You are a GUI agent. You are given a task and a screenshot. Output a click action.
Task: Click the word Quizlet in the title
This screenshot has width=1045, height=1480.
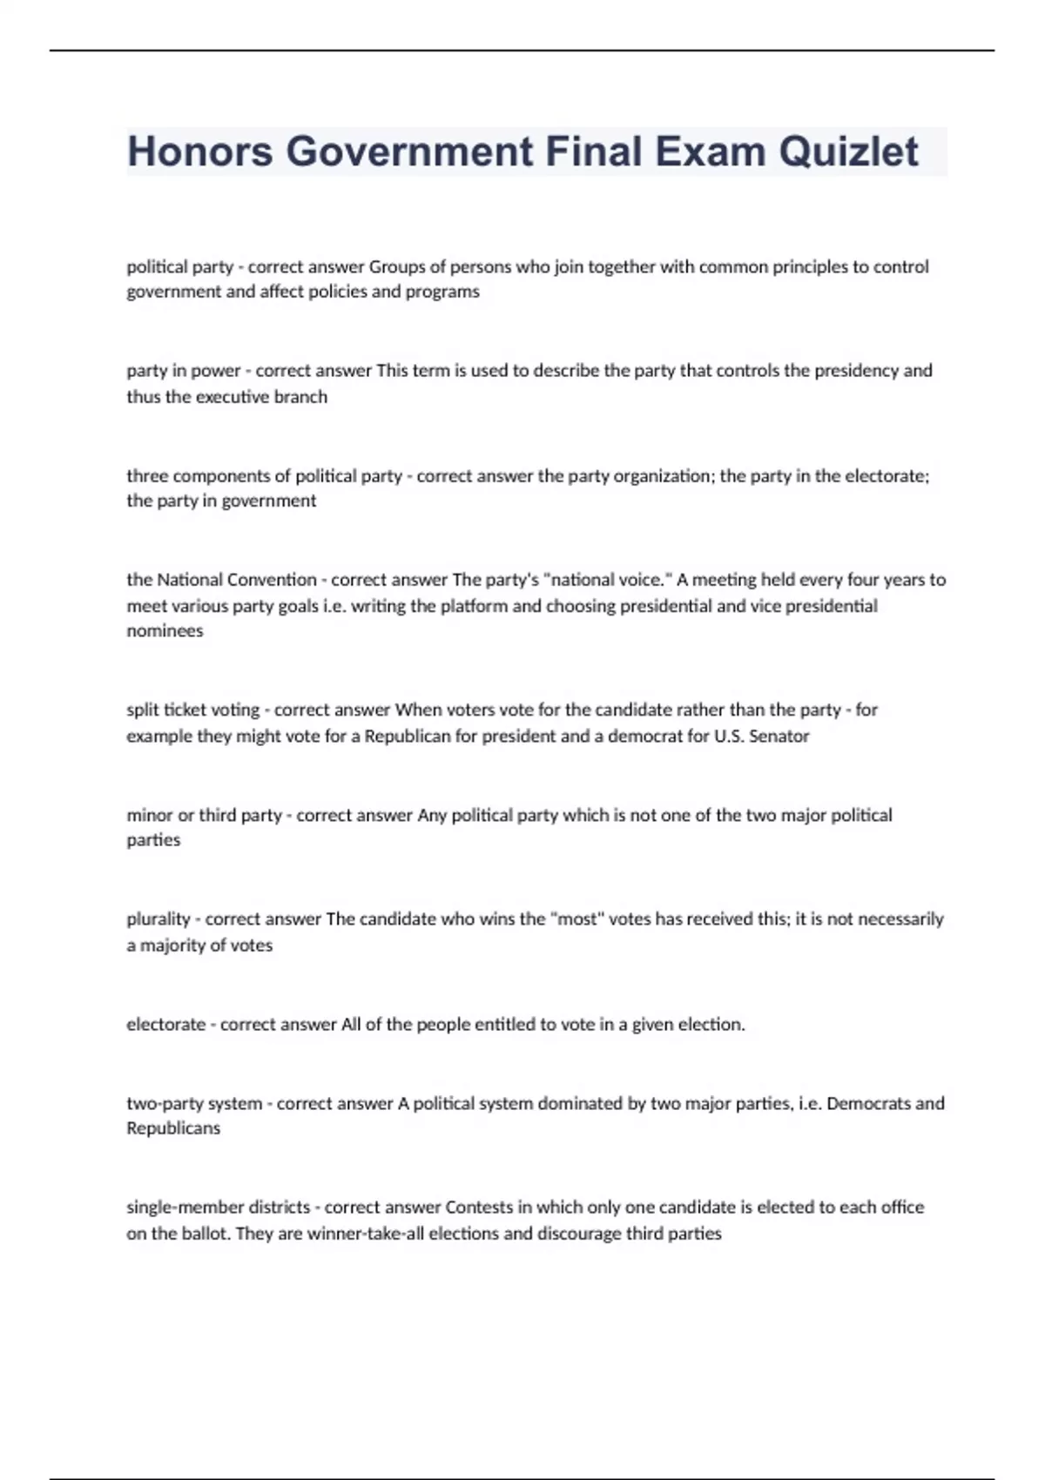848,151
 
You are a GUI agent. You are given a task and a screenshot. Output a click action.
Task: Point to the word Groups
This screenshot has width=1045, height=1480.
397,266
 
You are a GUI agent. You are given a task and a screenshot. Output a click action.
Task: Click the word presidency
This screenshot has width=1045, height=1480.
854,370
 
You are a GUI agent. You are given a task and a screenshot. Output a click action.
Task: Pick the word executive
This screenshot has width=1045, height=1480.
233,397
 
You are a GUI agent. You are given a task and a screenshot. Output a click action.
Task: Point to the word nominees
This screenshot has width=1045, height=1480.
165,631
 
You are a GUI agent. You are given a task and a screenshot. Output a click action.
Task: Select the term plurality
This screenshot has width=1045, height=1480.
158,919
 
